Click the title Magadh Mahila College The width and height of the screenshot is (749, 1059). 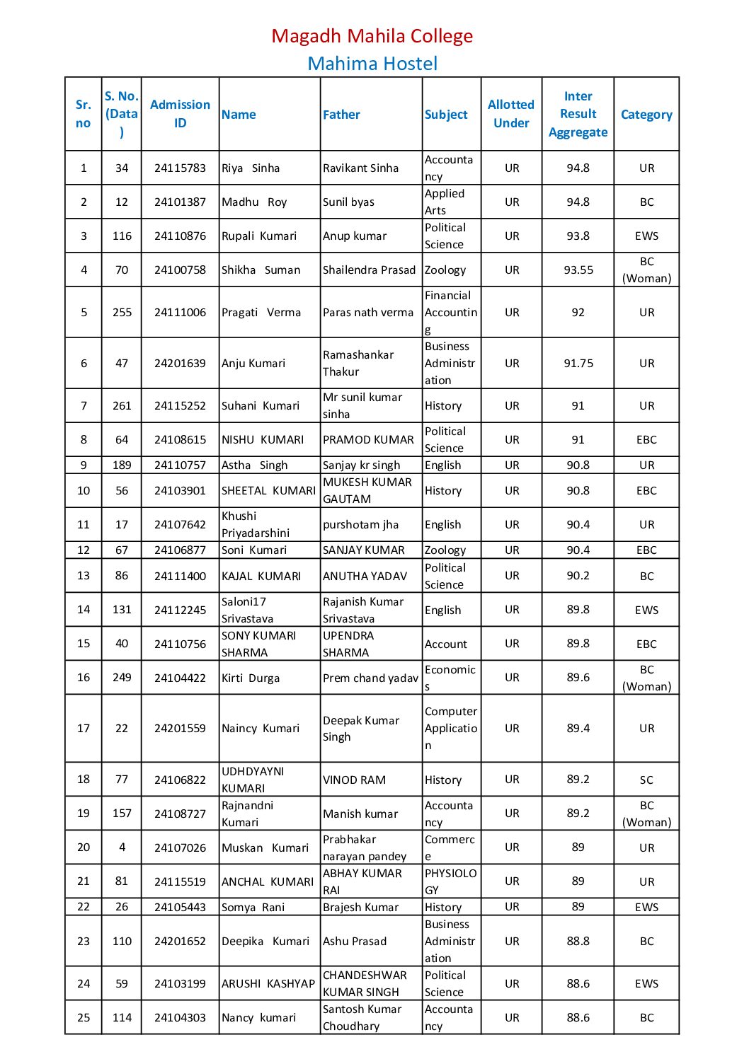[x=372, y=36]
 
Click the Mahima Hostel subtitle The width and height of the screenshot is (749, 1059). [x=372, y=64]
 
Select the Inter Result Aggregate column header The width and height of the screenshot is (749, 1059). [x=578, y=114]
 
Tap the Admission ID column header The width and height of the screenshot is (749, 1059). [x=180, y=114]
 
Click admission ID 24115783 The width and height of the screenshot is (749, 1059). [x=180, y=168]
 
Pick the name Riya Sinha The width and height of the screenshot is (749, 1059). [x=251, y=168]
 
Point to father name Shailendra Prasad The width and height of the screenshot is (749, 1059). [x=369, y=270]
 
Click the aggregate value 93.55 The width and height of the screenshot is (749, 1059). [x=578, y=270]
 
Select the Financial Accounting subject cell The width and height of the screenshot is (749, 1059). [x=451, y=312]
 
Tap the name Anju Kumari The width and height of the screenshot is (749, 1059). [x=253, y=364]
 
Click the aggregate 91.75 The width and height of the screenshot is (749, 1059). [x=578, y=364]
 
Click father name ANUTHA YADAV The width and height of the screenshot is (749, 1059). [x=365, y=577]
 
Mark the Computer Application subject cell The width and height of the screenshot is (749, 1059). [x=451, y=729]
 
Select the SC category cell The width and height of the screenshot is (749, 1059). [x=646, y=780]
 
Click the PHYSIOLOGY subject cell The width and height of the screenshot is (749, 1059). [x=451, y=882]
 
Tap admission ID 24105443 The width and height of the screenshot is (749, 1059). [x=180, y=908]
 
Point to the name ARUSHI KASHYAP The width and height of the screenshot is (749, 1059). [x=268, y=984]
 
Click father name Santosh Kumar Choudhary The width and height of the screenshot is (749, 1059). [x=362, y=1018]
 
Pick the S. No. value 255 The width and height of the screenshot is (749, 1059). [x=122, y=313]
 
